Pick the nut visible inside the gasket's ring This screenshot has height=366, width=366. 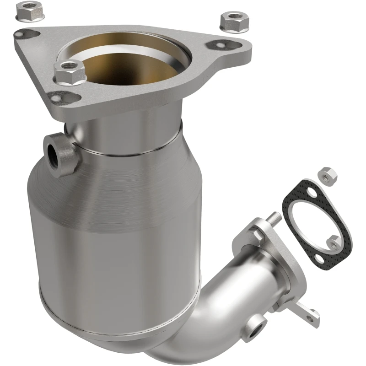click(x=334, y=241)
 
